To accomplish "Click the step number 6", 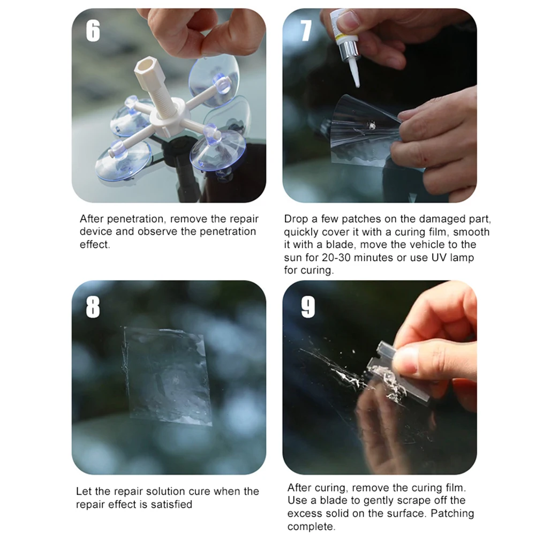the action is point(93,31).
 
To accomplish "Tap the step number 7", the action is point(306,31).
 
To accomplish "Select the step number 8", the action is point(93,307).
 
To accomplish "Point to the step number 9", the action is point(308,307).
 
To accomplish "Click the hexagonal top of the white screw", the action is point(145,67).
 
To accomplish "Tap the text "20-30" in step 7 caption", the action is point(336,258).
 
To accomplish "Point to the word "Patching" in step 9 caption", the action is point(452,514).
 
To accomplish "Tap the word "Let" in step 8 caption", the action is point(84,492).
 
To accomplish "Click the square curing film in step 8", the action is point(167,375).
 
